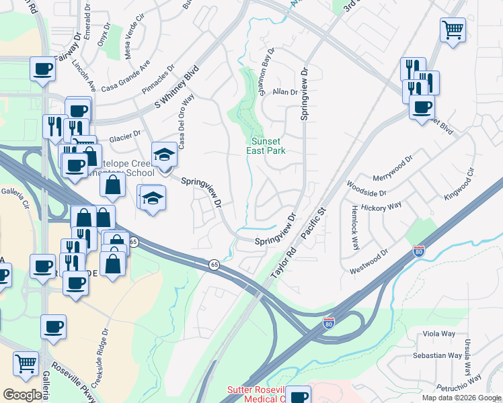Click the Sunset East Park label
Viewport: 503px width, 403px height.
(x=268, y=146)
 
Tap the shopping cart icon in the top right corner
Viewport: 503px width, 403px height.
(x=453, y=30)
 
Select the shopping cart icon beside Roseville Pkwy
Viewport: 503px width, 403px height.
(x=26, y=363)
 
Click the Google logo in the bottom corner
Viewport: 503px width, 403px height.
(x=23, y=395)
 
